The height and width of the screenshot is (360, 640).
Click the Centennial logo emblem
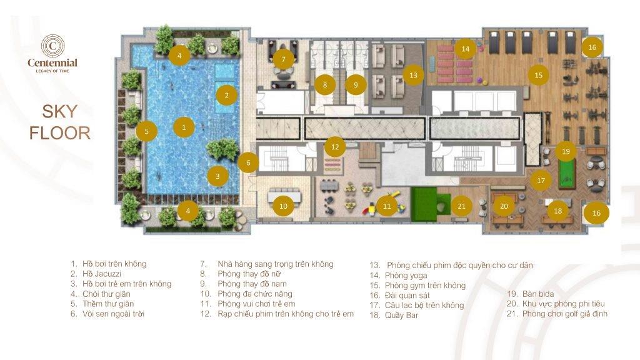[x=52, y=46]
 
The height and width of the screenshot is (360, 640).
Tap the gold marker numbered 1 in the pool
[x=184, y=127]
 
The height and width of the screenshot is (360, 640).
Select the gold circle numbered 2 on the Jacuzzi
[x=226, y=96]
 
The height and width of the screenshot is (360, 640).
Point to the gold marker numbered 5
[x=146, y=131]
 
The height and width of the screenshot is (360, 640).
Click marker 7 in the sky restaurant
[x=284, y=59]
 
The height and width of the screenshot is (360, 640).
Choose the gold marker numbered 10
[x=283, y=206]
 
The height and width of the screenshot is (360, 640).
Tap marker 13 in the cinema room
[x=414, y=75]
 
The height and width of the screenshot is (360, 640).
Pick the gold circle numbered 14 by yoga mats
[x=465, y=49]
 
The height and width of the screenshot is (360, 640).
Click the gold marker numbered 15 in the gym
[x=538, y=75]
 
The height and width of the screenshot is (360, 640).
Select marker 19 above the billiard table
[x=566, y=151]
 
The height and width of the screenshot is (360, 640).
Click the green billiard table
[x=567, y=174]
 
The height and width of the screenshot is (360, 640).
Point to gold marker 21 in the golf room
[x=462, y=206]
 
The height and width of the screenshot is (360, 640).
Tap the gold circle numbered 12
[x=335, y=147]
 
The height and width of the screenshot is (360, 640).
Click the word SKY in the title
[x=59, y=111]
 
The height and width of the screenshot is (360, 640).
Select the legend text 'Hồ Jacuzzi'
[x=102, y=274]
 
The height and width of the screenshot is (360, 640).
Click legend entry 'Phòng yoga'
[x=406, y=276]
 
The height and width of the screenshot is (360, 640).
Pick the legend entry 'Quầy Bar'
[x=402, y=315]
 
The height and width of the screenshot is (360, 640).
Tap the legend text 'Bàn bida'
[x=538, y=294]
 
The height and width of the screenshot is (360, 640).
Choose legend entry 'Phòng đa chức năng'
[x=255, y=294]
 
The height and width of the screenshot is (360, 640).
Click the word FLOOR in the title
[x=60, y=134]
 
